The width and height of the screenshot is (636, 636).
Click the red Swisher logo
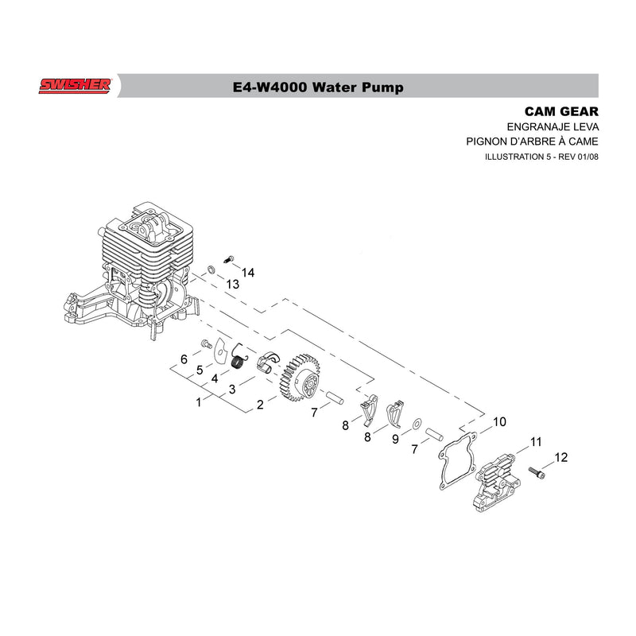75,86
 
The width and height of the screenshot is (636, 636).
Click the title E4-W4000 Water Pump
318,87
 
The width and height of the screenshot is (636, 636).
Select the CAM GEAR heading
561,111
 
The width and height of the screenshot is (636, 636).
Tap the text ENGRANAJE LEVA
553,127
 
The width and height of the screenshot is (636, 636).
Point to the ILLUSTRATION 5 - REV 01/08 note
541,157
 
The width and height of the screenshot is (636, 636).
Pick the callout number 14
248,273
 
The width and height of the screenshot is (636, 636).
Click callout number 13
232,285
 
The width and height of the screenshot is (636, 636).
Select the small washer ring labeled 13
211,270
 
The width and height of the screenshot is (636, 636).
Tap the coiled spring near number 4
238,357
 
